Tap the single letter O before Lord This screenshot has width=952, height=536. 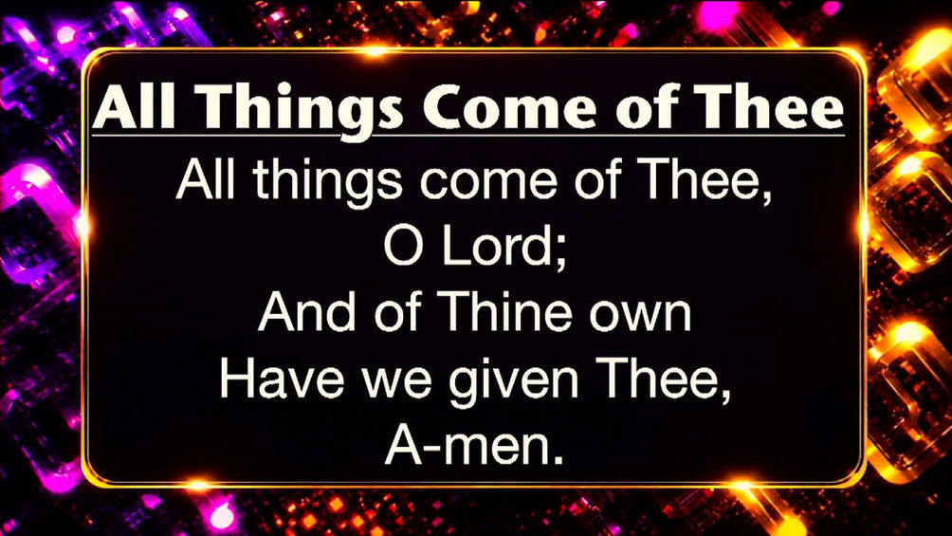[x=403, y=248]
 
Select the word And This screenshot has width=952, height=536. [x=306, y=312]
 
